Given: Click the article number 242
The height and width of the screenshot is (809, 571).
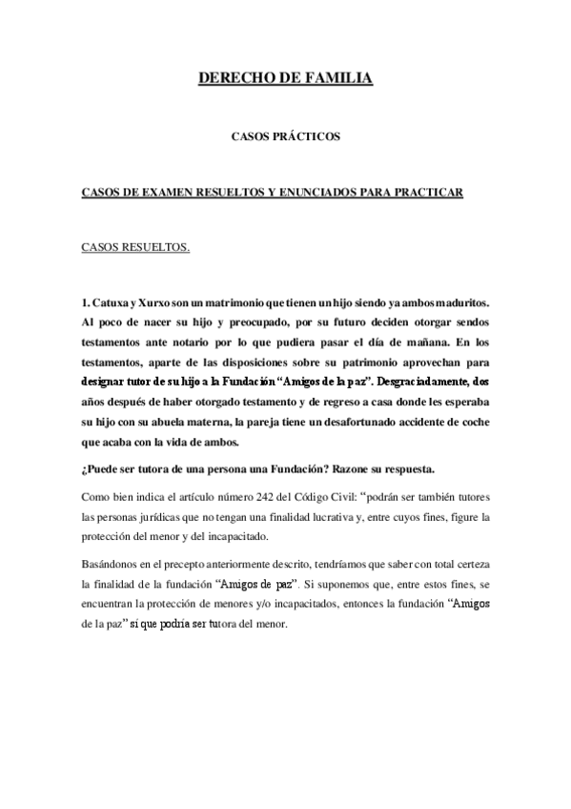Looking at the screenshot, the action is coord(261,497).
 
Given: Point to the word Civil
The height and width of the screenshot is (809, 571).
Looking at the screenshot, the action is coord(337,497).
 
